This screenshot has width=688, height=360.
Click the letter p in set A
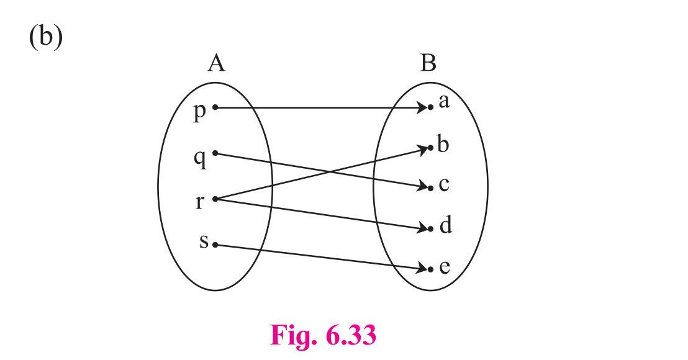(x=200, y=112)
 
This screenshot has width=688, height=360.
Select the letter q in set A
(x=200, y=158)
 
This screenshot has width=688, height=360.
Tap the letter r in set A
(x=200, y=202)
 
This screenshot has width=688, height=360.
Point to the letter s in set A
(x=204, y=241)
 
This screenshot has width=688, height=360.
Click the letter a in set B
(x=444, y=102)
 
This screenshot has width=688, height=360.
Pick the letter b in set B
(x=443, y=144)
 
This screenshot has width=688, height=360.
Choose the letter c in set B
(x=444, y=184)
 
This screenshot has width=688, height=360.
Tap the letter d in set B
(x=446, y=225)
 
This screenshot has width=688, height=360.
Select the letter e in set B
(x=445, y=267)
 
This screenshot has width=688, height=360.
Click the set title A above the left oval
(x=216, y=63)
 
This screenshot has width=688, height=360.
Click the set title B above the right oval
(x=428, y=63)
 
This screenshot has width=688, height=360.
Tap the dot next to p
(x=215, y=107)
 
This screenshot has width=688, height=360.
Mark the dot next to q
(x=215, y=153)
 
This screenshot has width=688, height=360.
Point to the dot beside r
(x=215, y=199)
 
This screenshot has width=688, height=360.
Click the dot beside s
(x=215, y=245)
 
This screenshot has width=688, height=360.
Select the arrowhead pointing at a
(x=422, y=107)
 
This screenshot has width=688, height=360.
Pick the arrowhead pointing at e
(x=422, y=268)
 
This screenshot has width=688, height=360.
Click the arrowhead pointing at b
(x=422, y=150)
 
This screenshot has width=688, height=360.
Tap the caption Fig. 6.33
(x=323, y=336)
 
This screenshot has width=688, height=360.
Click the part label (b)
(x=46, y=37)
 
